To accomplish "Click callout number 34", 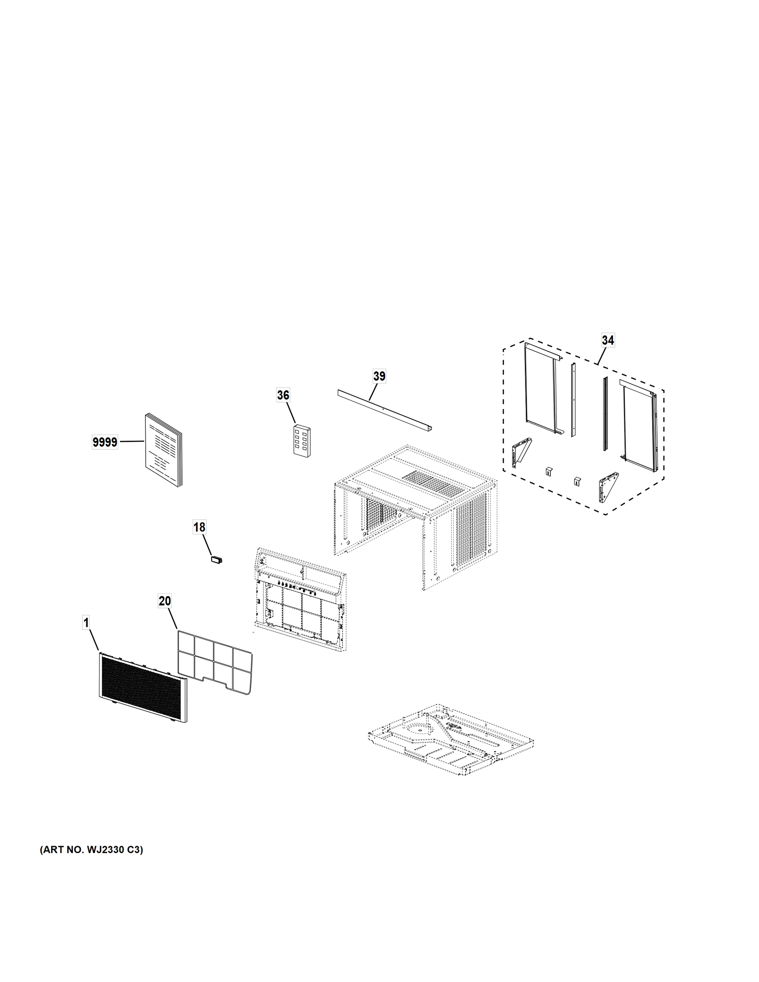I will [x=608, y=340].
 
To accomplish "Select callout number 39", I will [x=379, y=376].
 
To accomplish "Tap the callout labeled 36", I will [x=283, y=395].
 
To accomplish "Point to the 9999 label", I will [x=105, y=442].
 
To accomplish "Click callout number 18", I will [x=199, y=527].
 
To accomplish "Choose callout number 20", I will [x=165, y=601].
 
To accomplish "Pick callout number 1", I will [x=86, y=623].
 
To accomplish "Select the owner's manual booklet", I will [x=163, y=450].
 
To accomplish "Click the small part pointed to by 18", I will [x=218, y=560].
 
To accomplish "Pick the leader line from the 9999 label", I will [x=131, y=442].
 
